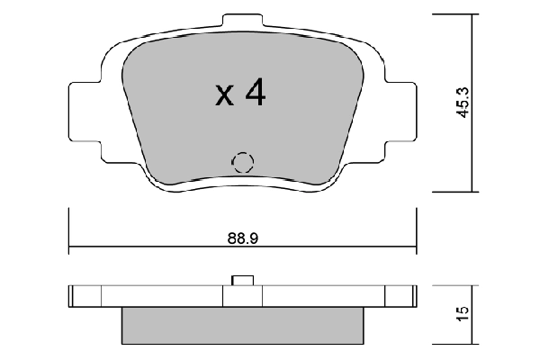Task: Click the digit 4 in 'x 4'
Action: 255,93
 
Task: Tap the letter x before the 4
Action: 225,95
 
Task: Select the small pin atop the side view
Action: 241,281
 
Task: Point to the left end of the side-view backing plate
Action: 76,296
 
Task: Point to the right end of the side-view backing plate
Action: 409,296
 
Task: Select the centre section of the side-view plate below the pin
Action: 241,296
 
